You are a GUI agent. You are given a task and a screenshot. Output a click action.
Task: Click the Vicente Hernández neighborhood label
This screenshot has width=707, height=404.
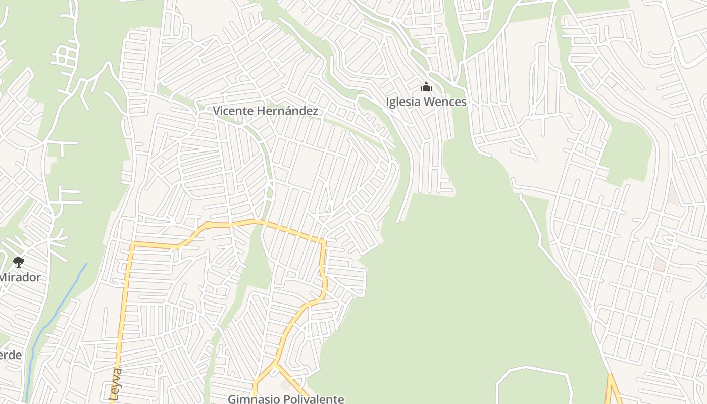265,111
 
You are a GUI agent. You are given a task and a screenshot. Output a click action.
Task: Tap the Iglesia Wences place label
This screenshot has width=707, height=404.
426,102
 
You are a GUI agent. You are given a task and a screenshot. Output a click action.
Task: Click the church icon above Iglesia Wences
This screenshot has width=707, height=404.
426,87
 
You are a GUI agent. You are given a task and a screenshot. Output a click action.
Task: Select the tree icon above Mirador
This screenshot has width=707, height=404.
19,262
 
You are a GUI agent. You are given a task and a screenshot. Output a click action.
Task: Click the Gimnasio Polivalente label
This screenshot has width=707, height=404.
286,399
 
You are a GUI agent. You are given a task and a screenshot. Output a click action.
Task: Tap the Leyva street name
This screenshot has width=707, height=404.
116,385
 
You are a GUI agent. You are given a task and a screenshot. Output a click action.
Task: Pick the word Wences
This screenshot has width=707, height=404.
445,102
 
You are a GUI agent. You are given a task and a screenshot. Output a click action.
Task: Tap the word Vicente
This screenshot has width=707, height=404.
232,111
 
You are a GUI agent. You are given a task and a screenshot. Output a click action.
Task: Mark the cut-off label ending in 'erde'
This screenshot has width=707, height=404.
10,355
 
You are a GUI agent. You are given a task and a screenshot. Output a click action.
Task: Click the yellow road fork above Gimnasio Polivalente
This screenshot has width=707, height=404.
275,363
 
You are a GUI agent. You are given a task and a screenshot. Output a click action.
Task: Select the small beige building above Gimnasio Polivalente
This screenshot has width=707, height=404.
285,385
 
